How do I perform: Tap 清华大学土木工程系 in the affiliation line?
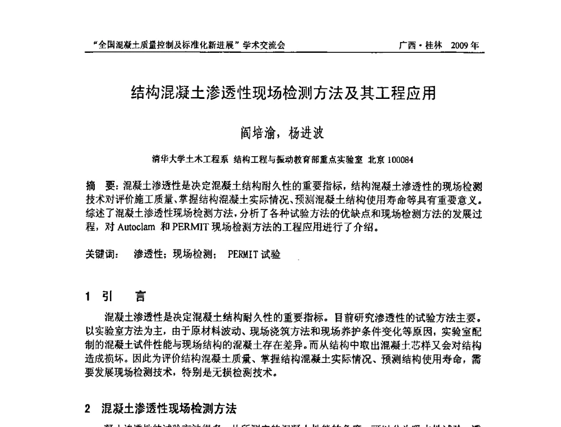coord(190,160)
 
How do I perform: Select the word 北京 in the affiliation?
coord(376,160)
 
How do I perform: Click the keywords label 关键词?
coord(102,255)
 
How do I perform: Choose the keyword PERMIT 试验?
coord(254,255)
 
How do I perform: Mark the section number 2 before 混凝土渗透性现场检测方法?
coord(88,408)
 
